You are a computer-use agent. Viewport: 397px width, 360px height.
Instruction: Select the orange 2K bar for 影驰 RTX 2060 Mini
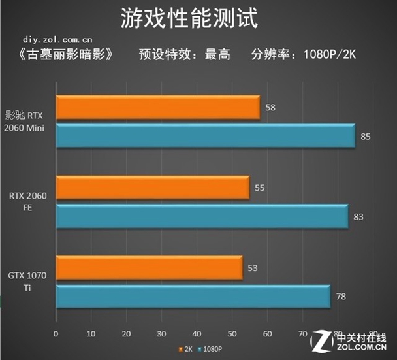(x=157, y=107)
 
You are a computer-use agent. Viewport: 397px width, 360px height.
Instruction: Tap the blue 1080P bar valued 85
(x=205, y=135)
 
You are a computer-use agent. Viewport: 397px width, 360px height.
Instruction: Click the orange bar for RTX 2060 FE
(x=152, y=188)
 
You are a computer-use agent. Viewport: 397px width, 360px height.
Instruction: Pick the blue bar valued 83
(x=202, y=216)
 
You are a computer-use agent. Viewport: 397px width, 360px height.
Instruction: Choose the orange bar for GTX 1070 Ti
(x=149, y=268)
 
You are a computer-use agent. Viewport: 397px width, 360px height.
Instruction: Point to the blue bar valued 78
(x=193, y=296)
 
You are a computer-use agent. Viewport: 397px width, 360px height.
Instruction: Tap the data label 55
(x=259, y=188)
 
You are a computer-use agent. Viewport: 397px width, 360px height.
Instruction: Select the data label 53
(x=252, y=268)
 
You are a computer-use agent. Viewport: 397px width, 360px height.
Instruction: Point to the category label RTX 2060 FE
(x=27, y=201)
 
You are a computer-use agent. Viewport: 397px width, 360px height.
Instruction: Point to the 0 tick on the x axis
(x=56, y=334)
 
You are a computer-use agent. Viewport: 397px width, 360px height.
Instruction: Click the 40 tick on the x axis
(x=197, y=334)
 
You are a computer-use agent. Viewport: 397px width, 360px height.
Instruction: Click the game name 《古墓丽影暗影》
(x=61, y=55)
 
